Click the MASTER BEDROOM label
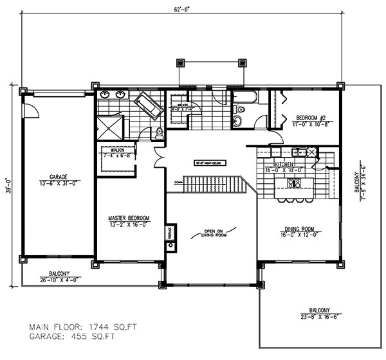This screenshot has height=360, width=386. pyautogui.click(x=129, y=222)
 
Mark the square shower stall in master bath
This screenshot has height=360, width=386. pyautogui.click(x=109, y=127)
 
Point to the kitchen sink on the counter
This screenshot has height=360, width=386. pyautogui.click(x=299, y=152)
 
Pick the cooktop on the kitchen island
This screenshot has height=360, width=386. pyautogui.click(x=293, y=184)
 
